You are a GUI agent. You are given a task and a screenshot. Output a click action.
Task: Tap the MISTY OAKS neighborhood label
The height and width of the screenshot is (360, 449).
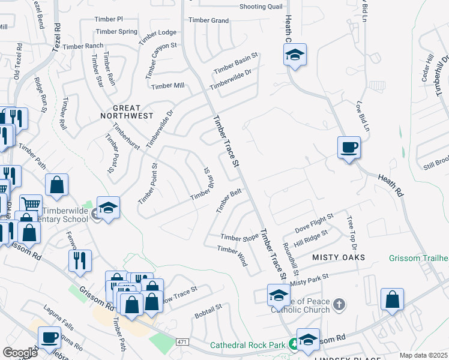pyautogui.click(x=339, y=257)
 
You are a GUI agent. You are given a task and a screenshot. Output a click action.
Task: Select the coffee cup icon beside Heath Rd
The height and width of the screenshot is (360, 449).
pyautogui.click(x=349, y=147)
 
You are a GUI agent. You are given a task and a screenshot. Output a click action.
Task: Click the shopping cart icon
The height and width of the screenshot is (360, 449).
pyautogui.click(x=31, y=204)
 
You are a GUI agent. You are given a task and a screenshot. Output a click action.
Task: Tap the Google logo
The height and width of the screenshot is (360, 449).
pyautogui.click(x=20, y=353)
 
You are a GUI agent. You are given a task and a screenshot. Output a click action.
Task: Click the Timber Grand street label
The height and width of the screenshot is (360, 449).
pyautogui.click(x=208, y=20)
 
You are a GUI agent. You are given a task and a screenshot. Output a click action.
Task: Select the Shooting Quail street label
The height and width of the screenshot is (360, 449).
pyautogui.click(x=261, y=7)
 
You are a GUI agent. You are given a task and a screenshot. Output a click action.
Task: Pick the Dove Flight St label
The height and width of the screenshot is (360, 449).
pyautogui.click(x=313, y=224)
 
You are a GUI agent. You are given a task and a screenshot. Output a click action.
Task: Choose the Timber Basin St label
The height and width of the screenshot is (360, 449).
pyautogui.click(x=236, y=64)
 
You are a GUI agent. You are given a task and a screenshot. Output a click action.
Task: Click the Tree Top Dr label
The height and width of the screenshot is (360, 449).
pyautogui.click(x=352, y=234)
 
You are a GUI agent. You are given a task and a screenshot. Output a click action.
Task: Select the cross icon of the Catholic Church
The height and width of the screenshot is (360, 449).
pyautogui.click(x=339, y=304)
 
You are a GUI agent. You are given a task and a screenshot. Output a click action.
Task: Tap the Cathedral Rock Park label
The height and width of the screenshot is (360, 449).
pyautogui.click(x=247, y=345)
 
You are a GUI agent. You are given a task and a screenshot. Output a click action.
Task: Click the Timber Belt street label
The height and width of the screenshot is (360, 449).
pyautogui.click(x=229, y=202)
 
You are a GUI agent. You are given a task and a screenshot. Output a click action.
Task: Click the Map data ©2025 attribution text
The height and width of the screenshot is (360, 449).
pyautogui.click(x=424, y=355)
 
